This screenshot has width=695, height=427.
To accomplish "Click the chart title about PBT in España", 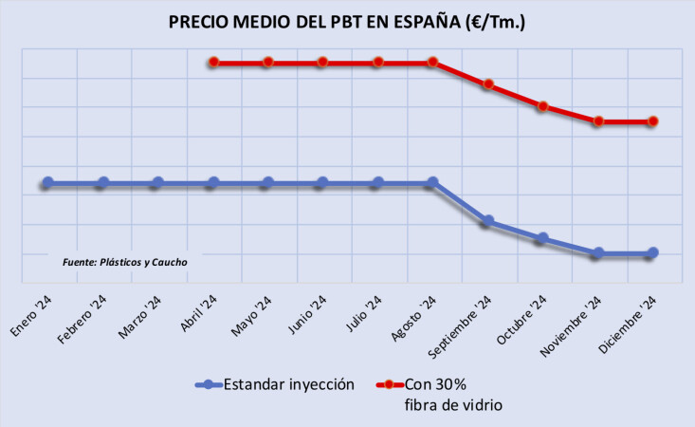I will click(347, 22).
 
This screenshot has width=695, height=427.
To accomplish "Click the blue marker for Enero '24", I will click(47, 182).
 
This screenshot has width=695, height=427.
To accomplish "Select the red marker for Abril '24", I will click(214, 62).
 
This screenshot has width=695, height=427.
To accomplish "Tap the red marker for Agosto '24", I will click(432, 62).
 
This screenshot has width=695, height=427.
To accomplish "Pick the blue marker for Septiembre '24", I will click(487, 221).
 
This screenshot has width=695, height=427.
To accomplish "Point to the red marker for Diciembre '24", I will click(652, 121).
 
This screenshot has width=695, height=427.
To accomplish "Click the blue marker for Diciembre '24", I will click(652, 253).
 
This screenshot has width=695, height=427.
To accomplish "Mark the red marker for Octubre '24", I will click(542, 106).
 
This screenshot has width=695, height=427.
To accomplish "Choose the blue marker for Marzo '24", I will click(157, 182).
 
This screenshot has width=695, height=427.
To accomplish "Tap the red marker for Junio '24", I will click(322, 62).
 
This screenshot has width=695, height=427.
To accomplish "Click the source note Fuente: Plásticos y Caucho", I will click(125, 262).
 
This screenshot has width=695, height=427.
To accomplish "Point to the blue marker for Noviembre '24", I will click(597, 253).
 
